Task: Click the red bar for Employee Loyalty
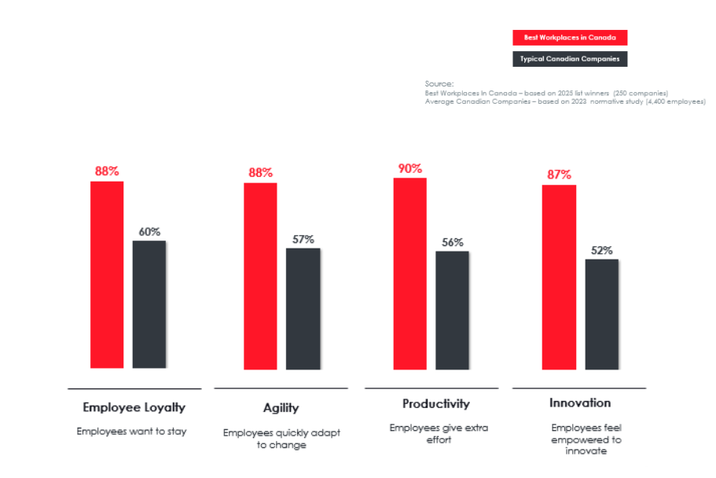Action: pyautogui.click(x=107, y=274)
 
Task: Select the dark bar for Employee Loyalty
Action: pyautogui.click(x=149, y=304)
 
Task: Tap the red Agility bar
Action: pyautogui.click(x=260, y=276)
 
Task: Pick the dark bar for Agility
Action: pyautogui.click(x=303, y=308)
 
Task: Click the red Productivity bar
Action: pyautogui.click(x=409, y=274)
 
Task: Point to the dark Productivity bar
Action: pyautogui.click(x=452, y=310)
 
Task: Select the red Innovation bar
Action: pyautogui.click(x=559, y=277)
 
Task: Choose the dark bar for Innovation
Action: pyautogui.click(x=601, y=314)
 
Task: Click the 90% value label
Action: pyautogui.click(x=409, y=168)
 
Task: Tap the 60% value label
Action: pyautogui.click(x=149, y=232)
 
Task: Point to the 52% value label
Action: pyautogui.click(x=601, y=250)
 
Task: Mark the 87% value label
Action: pyautogui.click(x=559, y=175)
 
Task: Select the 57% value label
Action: pyautogui.click(x=303, y=239)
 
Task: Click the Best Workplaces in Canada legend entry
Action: pyautogui.click(x=570, y=38)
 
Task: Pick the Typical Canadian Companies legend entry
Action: pyautogui.click(x=570, y=59)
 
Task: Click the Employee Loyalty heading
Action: pyautogui.click(x=134, y=407)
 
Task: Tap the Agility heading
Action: pyautogui.click(x=281, y=408)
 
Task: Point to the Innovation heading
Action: pyautogui.click(x=579, y=403)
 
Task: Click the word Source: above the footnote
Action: pyautogui.click(x=439, y=83)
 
